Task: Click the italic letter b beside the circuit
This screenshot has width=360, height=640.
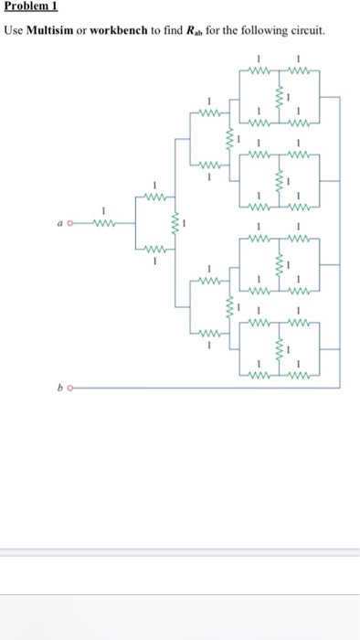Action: pos(59,388)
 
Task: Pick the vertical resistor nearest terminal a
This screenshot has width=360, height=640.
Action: pos(173,222)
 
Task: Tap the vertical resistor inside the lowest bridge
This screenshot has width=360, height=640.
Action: pos(278,348)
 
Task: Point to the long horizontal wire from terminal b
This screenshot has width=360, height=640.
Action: pos(201,387)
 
